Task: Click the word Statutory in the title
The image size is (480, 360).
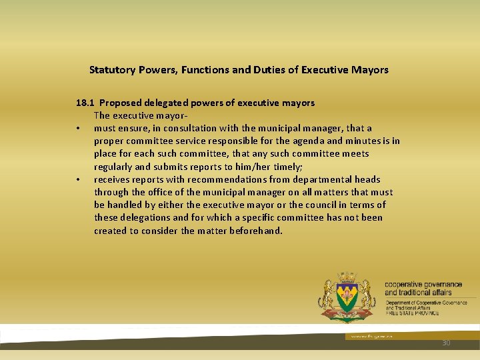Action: click(x=112, y=69)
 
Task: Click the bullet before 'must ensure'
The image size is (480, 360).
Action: click(x=78, y=128)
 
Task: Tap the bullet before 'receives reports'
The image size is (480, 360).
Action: click(x=78, y=179)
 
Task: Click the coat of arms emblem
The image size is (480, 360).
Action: click(x=347, y=297)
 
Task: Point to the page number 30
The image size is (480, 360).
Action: click(x=446, y=343)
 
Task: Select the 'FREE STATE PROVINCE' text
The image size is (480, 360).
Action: click(x=411, y=313)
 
